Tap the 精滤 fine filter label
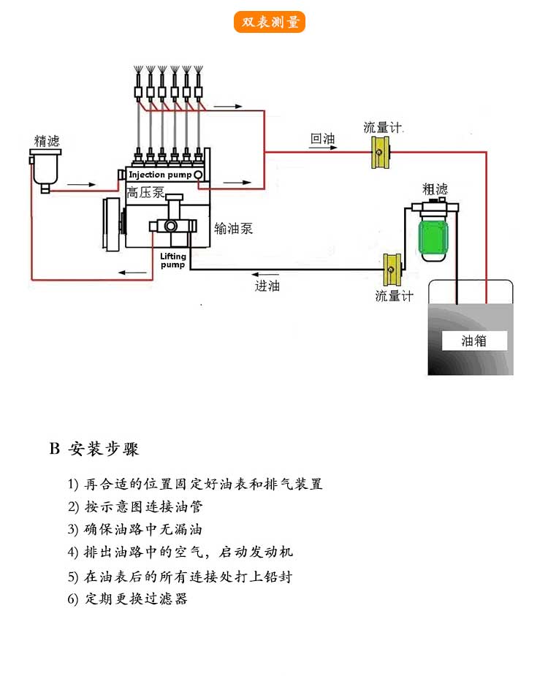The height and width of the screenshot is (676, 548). pos(46,139)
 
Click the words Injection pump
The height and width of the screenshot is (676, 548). pos(160,175)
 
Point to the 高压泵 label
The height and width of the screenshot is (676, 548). pos(145,193)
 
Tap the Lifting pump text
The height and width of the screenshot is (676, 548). pos(173,260)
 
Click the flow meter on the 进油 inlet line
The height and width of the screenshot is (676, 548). pos(393,270)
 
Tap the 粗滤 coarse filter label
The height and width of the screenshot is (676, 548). pos(434,189)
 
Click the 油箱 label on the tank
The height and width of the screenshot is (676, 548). pos(474,341)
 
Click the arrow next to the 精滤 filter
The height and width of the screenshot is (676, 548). pos(82,183)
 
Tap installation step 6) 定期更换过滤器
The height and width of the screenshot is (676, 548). pos(127,599)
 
